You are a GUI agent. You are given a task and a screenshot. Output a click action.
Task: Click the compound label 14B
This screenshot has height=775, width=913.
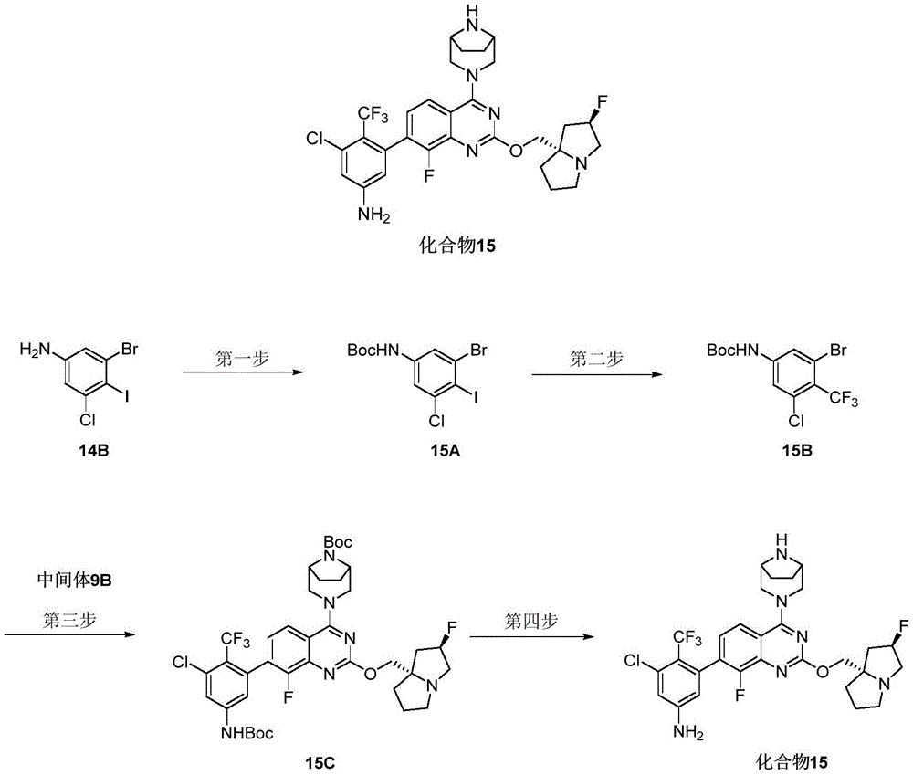94,451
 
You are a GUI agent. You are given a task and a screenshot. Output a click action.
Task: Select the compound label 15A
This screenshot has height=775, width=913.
446,451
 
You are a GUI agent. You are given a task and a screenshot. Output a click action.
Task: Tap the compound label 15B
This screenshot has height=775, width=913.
797,451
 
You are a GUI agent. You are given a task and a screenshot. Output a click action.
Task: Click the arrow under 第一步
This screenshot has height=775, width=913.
243,372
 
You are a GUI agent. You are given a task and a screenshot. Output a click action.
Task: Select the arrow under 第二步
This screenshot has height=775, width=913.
597,373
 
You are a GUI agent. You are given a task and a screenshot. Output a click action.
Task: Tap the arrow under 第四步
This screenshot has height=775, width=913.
532,636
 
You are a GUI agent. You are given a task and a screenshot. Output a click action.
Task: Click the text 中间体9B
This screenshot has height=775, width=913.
74,581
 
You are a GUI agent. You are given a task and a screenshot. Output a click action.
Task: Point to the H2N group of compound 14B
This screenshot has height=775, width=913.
36,350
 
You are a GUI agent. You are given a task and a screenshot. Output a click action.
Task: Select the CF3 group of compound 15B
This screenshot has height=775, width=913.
844,400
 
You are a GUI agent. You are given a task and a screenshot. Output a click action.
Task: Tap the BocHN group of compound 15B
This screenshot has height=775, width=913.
733,351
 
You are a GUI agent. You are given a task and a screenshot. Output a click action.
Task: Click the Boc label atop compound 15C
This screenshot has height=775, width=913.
338,542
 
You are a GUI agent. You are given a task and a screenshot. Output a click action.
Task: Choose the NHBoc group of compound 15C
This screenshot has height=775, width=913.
247,733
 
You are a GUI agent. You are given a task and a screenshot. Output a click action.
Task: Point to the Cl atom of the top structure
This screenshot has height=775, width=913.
315,139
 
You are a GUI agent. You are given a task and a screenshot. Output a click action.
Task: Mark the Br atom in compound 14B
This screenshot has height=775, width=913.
129,350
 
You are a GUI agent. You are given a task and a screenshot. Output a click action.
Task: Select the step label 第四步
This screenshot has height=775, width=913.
531,622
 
